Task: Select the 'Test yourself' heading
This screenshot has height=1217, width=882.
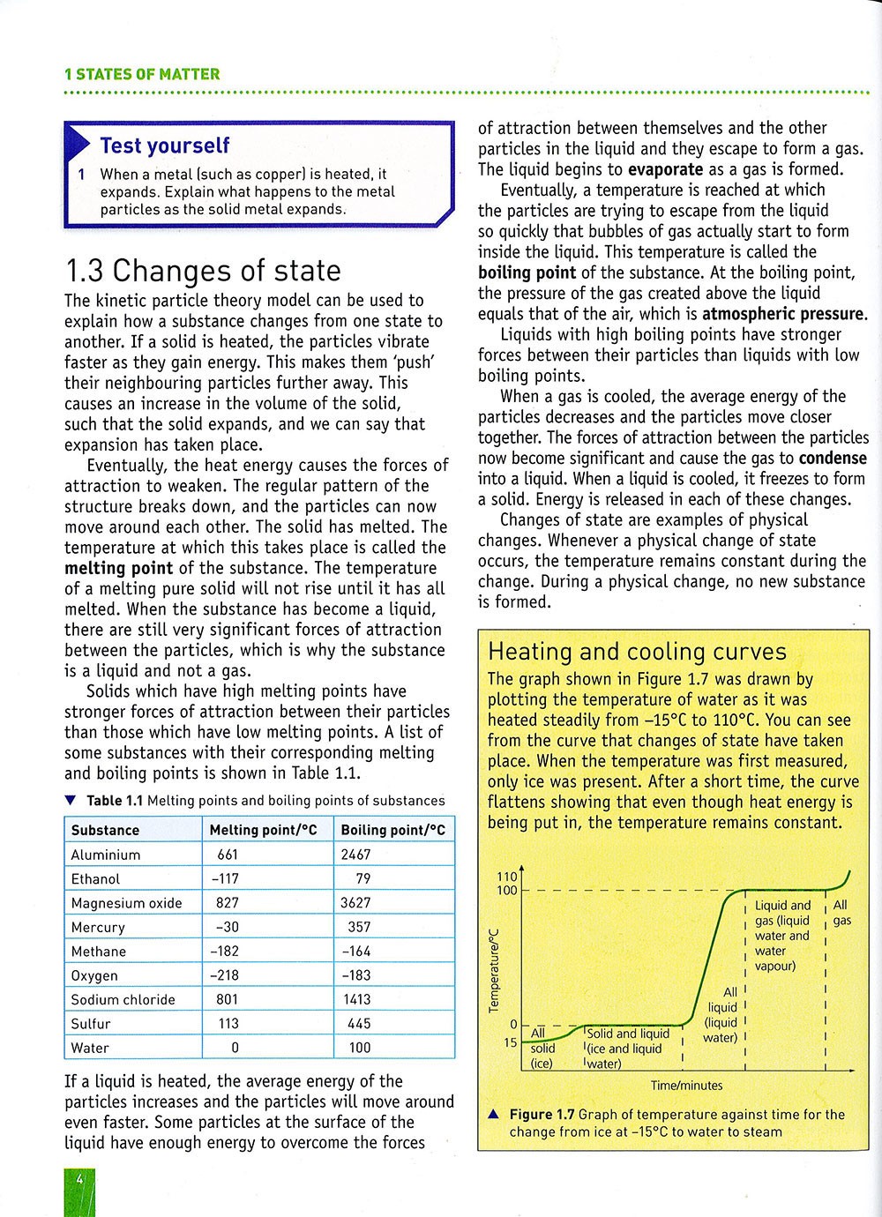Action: coord(164,146)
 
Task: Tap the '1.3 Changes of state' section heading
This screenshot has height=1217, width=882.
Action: coord(203,270)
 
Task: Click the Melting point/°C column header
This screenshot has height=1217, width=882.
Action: coord(263,830)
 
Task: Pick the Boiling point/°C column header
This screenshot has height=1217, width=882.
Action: coord(392,830)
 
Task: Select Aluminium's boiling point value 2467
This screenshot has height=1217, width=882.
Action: coord(355,855)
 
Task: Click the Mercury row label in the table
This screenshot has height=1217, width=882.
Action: coord(98,927)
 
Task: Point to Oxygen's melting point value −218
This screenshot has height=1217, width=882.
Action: coord(228,975)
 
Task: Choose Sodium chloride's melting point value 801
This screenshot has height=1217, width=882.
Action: coord(228,999)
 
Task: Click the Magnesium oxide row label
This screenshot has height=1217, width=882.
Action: coord(126,903)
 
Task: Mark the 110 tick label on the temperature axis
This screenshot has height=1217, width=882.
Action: coord(507,877)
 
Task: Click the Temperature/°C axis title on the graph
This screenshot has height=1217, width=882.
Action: coord(494,969)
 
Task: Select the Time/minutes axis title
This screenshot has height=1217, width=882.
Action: coord(686,1086)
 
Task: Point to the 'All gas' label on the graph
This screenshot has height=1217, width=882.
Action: coord(841,913)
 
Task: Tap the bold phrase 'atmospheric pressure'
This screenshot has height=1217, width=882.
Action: coord(784,314)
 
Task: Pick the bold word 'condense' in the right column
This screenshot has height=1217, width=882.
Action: coord(833,459)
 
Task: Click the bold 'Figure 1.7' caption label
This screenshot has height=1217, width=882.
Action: coord(542,1115)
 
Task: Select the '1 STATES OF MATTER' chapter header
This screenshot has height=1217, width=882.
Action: coord(142,74)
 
